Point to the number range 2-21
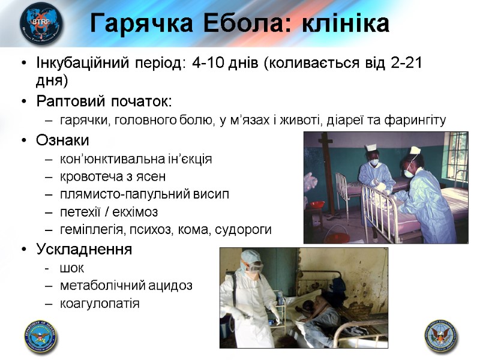point(406,65)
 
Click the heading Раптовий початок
point(104,100)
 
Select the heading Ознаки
point(62,141)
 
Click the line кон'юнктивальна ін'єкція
point(136,159)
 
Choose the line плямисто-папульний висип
point(145,194)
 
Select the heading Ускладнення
point(84,249)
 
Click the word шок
point(72,268)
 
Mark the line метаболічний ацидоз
point(126,286)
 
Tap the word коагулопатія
point(100,303)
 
